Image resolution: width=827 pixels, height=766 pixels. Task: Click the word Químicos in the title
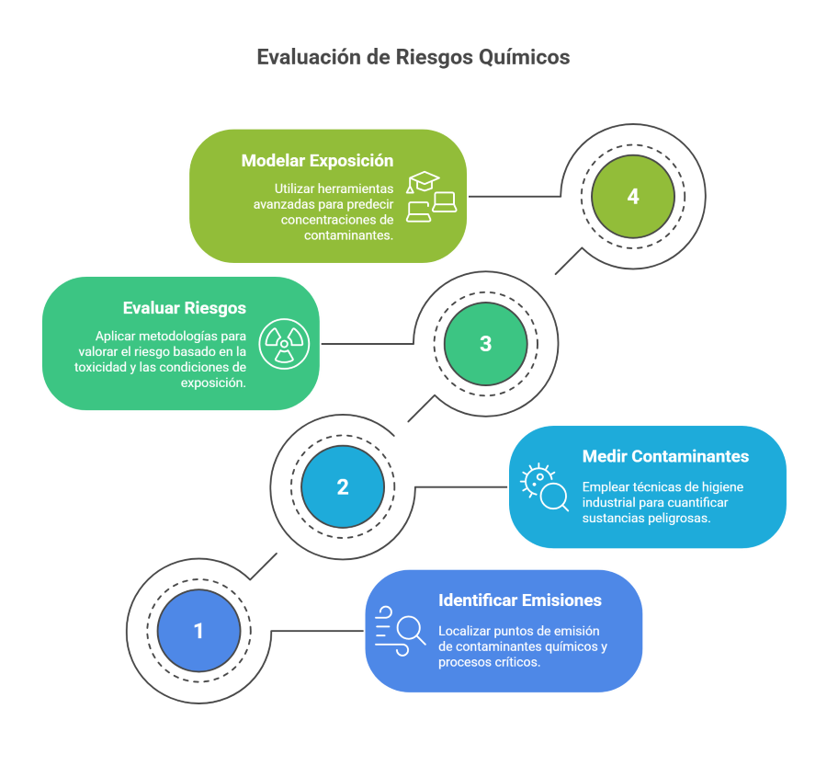pyautogui.click(x=525, y=58)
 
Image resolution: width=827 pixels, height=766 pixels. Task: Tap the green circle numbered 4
pyautogui.click(x=633, y=197)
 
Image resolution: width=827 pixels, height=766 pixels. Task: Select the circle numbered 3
pyautogui.click(x=486, y=344)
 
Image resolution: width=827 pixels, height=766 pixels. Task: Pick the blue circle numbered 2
pyautogui.click(x=343, y=486)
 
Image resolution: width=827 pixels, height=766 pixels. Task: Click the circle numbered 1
pyautogui.click(x=198, y=631)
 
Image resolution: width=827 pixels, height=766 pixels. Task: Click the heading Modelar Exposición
pyautogui.click(x=318, y=161)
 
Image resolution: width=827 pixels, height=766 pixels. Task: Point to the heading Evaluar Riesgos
pyautogui.click(x=185, y=308)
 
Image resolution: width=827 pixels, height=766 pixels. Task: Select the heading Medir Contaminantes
pyautogui.click(x=665, y=456)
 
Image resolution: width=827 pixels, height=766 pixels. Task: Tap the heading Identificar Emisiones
pyautogui.click(x=520, y=600)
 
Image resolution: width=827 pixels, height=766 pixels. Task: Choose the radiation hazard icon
pyautogui.click(x=284, y=344)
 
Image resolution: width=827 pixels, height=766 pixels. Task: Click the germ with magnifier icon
pyautogui.click(x=544, y=486)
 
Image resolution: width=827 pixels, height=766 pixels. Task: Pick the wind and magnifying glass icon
pyautogui.click(x=401, y=631)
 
